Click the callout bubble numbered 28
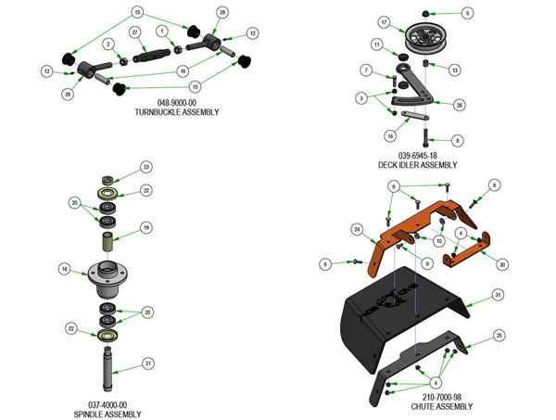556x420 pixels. [x=221, y=12]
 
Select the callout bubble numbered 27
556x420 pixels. [x=133, y=33]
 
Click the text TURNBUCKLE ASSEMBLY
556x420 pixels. [x=175, y=112]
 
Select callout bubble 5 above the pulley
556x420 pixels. [x=468, y=12]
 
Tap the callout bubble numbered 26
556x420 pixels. [x=460, y=105]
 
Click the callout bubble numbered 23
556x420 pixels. [x=145, y=167]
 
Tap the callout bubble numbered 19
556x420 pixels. [x=145, y=227]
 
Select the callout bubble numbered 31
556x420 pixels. [x=498, y=295]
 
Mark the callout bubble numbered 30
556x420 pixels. [x=502, y=263]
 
